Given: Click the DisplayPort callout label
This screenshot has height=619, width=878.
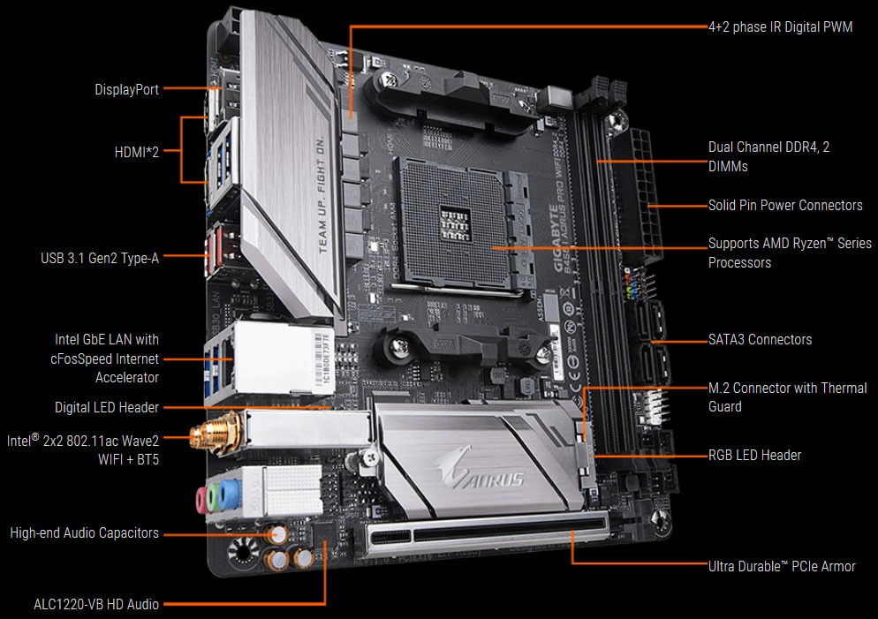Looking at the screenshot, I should [126, 89].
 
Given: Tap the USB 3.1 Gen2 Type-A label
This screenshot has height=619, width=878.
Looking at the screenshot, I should [99, 258].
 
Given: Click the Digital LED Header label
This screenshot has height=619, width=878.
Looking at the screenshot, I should [106, 407].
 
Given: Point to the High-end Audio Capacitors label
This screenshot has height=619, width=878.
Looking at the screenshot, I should [84, 533].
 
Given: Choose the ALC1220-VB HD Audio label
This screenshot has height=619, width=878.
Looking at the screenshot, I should [95, 604].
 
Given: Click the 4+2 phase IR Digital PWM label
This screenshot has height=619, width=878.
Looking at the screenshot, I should [780, 27].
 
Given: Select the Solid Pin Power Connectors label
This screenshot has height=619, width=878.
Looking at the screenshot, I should [785, 205].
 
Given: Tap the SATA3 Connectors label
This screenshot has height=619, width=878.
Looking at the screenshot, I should [760, 339].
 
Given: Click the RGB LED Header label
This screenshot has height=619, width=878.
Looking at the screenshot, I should [754, 455].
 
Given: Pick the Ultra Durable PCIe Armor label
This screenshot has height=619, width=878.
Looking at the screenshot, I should [782, 566].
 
